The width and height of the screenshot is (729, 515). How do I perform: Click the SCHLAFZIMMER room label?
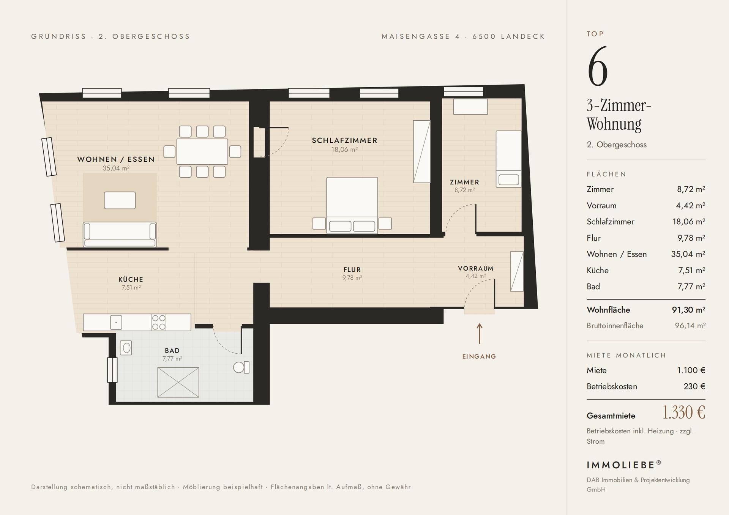tap(345, 140)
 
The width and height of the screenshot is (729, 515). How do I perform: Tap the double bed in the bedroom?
tap(352, 205)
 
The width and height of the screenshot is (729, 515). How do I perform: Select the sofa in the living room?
tap(120, 235)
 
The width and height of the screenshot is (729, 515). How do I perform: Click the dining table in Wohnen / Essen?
tap(202, 151)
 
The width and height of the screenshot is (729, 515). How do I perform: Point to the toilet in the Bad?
tap(241, 367)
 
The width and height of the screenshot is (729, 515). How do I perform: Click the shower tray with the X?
tap(178, 382)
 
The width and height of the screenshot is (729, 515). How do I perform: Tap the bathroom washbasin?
tap(126, 348)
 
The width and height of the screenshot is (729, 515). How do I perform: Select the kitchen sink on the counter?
tap(116, 323)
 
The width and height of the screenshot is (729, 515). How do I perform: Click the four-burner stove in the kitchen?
tap(159, 323)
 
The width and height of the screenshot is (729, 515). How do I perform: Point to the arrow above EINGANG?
tap(480, 334)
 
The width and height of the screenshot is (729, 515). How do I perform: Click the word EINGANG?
tap(479, 356)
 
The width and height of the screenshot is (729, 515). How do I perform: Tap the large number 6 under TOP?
tap(598, 66)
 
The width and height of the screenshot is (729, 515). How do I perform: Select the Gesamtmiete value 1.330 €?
tap(684, 413)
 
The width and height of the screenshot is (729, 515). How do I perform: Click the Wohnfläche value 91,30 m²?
tap(689, 310)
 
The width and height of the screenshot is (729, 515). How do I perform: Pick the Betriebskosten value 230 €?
tap(694, 386)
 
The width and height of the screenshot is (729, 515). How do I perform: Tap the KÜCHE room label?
tap(131, 280)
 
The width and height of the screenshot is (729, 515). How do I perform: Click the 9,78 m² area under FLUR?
tap(352, 278)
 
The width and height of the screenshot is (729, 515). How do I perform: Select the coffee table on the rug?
tap(120, 200)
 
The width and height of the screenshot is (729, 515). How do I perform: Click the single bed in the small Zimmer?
tap(509, 159)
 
